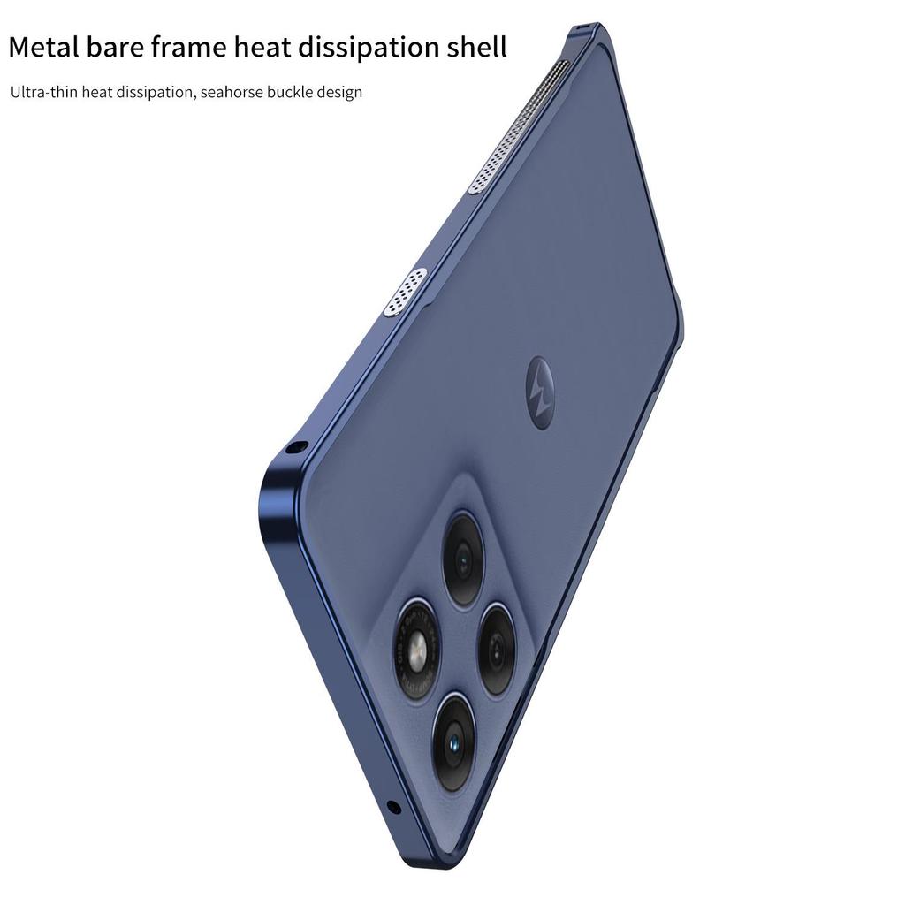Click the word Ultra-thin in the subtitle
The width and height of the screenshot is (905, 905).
tap(43, 92)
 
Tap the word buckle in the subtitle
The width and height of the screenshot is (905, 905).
tap(292, 92)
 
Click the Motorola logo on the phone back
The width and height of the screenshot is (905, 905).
tap(539, 382)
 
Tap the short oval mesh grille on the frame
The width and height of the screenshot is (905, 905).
tap(406, 292)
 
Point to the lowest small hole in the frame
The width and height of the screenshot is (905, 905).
tap(393, 807)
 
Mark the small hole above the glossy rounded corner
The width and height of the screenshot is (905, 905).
tap(298, 448)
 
